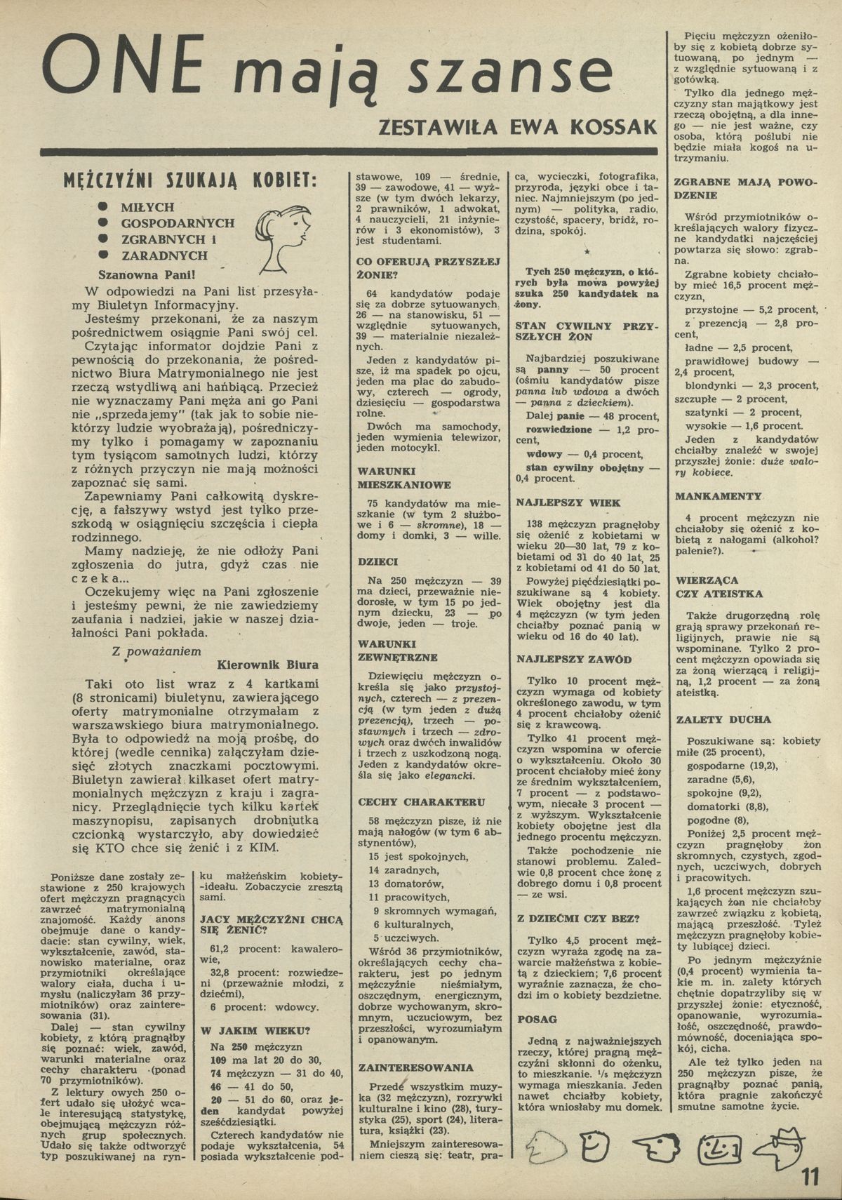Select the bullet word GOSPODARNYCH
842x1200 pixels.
pyautogui.click(x=178, y=223)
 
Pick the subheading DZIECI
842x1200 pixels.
pyautogui.click(x=377, y=562)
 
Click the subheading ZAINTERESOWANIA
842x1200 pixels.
pyautogui.click(x=415, y=1067)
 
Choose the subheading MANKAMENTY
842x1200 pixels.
pyautogui.click(x=718, y=496)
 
